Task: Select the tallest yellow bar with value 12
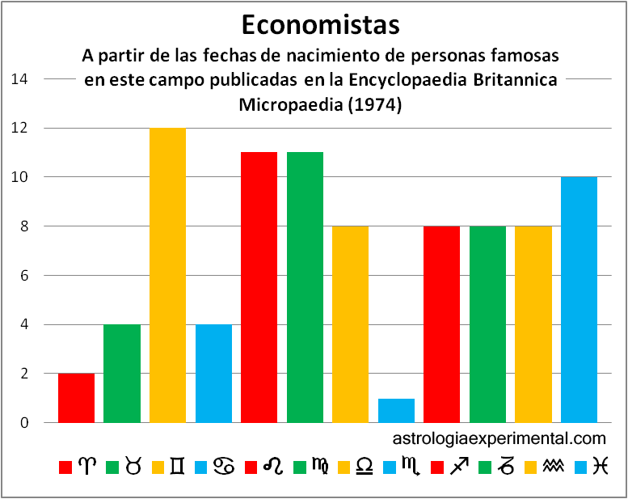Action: (x=167, y=275)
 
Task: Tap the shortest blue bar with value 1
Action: (x=396, y=410)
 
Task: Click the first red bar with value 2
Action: (x=76, y=398)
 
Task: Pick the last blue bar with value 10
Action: (x=579, y=299)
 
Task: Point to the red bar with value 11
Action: (x=259, y=287)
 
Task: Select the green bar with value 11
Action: (x=305, y=287)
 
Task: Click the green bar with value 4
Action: (x=122, y=374)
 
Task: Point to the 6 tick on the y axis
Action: (x=24, y=276)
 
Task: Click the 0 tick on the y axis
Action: (x=24, y=423)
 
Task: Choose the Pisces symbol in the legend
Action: (x=599, y=467)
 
